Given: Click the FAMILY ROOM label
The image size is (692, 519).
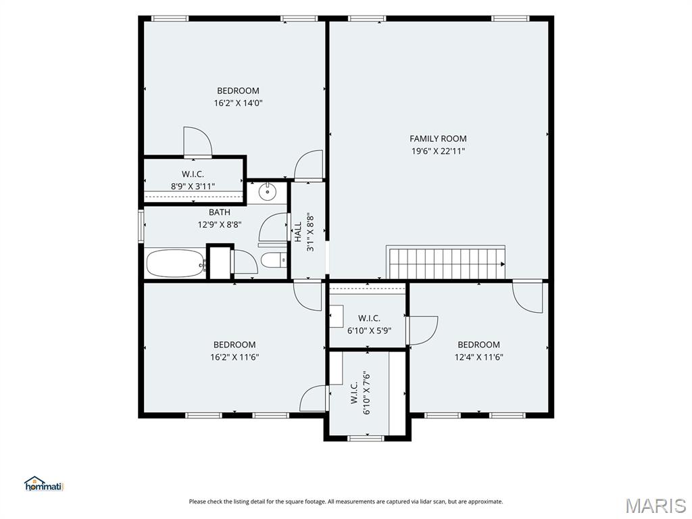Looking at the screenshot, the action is tap(438, 139).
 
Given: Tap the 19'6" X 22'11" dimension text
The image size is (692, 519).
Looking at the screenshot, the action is tap(438, 151).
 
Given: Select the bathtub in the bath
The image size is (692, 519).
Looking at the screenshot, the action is tap(176, 264).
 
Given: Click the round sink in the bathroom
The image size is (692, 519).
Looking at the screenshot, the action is tap(267, 192).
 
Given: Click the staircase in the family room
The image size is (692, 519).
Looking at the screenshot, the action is tap(446, 262).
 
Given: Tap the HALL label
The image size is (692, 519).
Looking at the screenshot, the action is tap(298, 232).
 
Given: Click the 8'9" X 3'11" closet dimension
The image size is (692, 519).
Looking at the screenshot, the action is tap(193, 187).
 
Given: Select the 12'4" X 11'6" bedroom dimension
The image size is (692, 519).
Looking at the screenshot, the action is tap(479, 357).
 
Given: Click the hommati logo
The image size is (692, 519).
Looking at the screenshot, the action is tap(44, 484).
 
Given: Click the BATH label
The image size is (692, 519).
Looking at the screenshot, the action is tap(220, 212).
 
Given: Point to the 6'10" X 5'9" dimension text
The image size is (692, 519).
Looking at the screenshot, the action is tap(370, 330).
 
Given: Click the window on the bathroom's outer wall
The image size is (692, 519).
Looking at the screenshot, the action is tap(141, 226).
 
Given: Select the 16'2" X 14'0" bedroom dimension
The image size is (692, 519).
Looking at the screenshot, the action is tap(239, 103).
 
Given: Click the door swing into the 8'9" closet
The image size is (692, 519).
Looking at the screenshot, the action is tap(198, 142).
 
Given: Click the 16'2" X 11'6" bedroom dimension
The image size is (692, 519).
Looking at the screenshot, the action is tap(234, 357).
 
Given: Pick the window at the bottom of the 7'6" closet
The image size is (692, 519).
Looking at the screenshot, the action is tap(366, 438).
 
